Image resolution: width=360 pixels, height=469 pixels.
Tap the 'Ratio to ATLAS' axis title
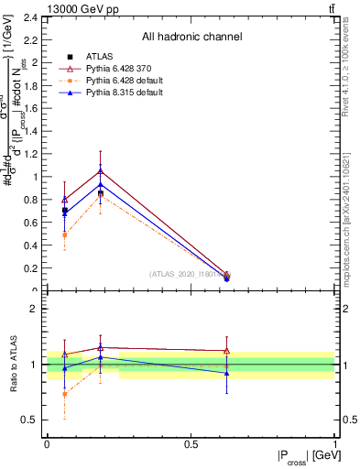pos(14,364)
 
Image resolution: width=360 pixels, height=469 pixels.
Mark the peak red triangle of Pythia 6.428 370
pos(101,171)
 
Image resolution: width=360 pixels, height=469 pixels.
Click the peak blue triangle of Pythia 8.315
pos(101,185)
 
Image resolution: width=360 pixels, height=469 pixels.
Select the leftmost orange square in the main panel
pos(64,234)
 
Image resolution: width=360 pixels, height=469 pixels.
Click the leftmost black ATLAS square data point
pos(64,211)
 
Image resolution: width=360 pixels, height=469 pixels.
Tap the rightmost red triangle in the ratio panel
pos(226,351)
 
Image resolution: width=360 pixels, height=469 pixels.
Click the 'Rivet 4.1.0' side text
pos(351,101)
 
